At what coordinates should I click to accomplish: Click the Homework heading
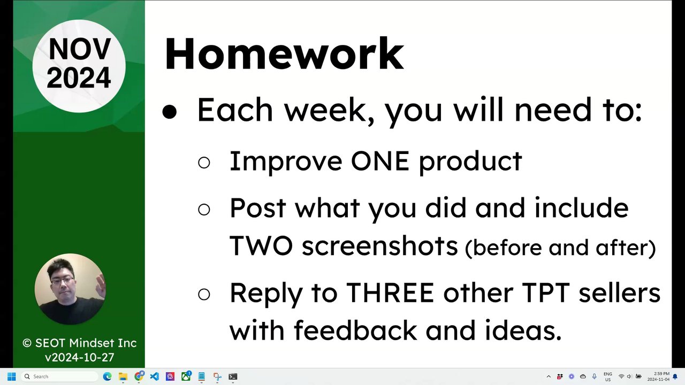[x=284, y=54]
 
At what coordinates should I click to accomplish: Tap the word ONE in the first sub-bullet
[x=380, y=161]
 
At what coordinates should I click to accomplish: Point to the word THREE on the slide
[x=390, y=292]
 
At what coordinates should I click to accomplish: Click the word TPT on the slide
[x=546, y=292]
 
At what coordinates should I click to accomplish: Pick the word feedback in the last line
[x=355, y=330]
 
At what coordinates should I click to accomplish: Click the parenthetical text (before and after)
[x=560, y=248]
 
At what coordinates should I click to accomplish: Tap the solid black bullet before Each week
[x=170, y=112]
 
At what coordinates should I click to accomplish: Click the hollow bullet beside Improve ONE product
[x=204, y=162]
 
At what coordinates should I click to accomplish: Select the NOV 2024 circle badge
[x=79, y=66]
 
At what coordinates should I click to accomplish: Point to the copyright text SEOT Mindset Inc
[x=80, y=343]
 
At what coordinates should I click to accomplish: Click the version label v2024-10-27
[x=80, y=357]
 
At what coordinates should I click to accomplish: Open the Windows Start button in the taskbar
[x=11, y=376]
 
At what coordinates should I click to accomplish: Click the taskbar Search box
[x=59, y=376]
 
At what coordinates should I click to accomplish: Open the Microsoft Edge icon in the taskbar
[x=107, y=376]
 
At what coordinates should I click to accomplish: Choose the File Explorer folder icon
[x=123, y=376]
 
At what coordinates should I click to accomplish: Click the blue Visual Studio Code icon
[x=155, y=376]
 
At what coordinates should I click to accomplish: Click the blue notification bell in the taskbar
[x=675, y=376]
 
